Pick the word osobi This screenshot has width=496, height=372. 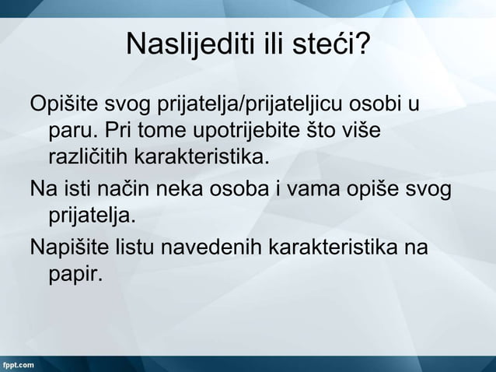pos(379,104)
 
